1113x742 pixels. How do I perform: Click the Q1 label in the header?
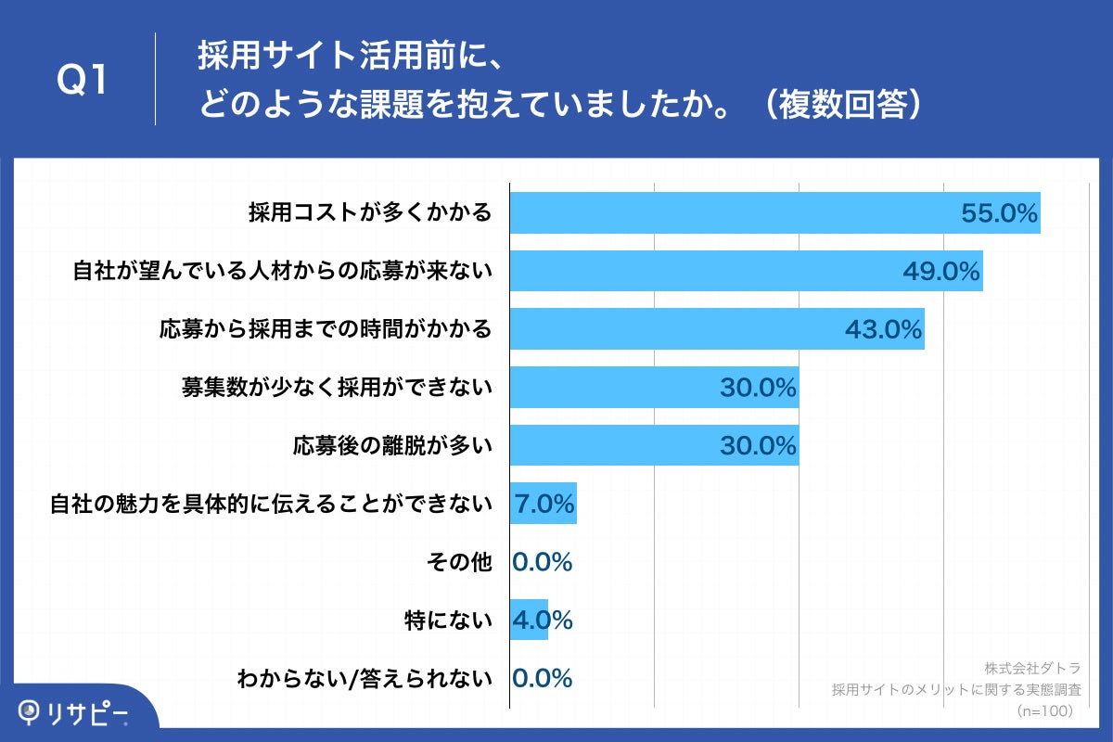83,82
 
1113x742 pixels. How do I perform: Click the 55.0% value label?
998,213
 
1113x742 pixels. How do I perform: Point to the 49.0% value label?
941,272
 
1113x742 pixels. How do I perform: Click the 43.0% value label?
883,329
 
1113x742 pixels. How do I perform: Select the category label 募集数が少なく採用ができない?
336,388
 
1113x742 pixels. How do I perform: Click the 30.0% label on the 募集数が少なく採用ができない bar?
758,389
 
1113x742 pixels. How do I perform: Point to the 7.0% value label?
544,505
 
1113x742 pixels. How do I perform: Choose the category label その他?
459,562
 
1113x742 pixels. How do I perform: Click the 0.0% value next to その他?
543,562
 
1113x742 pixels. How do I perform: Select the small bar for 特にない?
529,620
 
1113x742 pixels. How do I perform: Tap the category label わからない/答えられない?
364,679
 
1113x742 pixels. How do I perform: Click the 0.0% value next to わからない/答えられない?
543,679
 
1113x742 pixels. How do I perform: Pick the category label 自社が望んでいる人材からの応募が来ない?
282,272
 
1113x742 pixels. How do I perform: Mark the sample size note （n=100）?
1044,710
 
